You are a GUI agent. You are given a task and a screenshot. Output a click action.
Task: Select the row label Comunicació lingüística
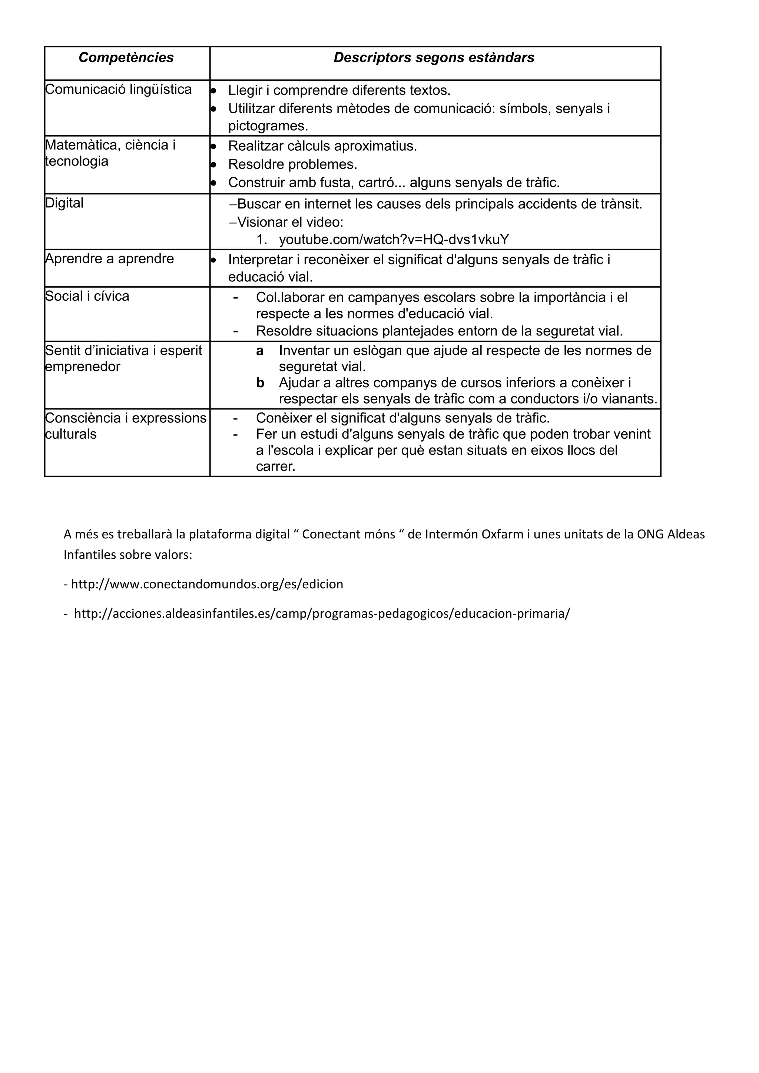pyautogui.click(x=118, y=89)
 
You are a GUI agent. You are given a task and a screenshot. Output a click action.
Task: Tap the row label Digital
pyautogui.click(x=64, y=203)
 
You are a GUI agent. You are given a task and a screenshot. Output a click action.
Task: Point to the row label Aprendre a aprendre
pyautogui.click(x=109, y=258)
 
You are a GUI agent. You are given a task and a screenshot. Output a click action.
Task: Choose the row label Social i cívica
pyautogui.click(x=87, y=296)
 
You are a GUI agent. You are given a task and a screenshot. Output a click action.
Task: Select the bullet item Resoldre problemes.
pyautogui.click(x=292, y=164)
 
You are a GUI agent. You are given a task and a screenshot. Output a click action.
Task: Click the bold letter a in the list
pyautogui.click(x=259, y=351)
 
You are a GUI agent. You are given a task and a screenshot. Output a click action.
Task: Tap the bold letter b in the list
pyautogui.click(x=260, y=383)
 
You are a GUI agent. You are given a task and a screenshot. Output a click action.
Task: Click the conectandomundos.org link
pyautogui.click(x=207, y=584)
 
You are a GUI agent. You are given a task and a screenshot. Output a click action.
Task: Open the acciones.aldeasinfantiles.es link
pyautogui.click(x=322, y=613)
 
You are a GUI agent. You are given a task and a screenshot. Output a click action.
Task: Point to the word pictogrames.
pyautogui.click(x=268, y=126)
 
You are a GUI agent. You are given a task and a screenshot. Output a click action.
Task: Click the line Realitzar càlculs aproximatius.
pyautogui.click(x=322, y=146)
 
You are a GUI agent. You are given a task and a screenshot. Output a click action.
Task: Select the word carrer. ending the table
pyautogui.click(x=275, y=467)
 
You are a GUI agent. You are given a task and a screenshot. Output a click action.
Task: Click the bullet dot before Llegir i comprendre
pyautogui.click(x=213, y=91)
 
